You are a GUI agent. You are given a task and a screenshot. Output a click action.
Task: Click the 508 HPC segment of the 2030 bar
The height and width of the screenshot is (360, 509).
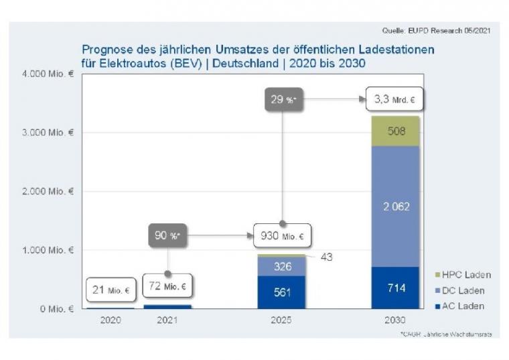(396, 131)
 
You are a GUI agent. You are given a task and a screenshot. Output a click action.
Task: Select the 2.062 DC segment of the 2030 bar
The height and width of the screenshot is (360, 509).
(396, 206)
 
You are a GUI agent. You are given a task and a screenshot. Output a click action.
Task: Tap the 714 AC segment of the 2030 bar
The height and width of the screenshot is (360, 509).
(396, 288)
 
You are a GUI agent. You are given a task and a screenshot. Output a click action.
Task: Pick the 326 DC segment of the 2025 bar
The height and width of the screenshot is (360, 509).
(282, 266)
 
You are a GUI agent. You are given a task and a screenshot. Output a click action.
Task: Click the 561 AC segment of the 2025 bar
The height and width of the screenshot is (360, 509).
(282, 292)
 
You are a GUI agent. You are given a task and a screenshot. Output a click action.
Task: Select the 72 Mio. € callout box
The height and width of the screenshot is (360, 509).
(167, 287)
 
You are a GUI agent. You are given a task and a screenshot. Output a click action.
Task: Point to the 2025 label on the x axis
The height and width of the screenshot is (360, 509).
(282, 320)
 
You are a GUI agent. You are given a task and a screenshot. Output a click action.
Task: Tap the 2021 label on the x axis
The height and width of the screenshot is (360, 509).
(167, 320)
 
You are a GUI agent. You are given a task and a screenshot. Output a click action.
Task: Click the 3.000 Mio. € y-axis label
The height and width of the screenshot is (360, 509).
(52, 132)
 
